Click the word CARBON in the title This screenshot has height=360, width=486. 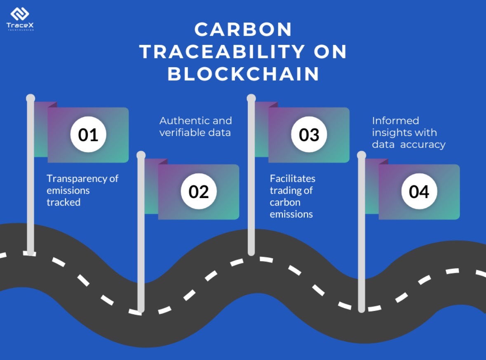point(243,30)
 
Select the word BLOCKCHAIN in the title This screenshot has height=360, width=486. point(243,75)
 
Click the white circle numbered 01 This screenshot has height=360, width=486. point(88,135)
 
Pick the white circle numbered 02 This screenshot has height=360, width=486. point(199,192)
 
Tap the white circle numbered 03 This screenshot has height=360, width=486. point(309,135)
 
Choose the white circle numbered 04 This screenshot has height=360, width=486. point(419,192)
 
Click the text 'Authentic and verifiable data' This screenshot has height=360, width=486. point(196,126)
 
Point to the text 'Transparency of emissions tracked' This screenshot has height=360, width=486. point(82,190)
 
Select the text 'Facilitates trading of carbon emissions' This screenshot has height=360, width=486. point(292,196)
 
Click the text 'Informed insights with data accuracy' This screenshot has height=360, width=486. point(408,132)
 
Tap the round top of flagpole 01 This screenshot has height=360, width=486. point(31,98)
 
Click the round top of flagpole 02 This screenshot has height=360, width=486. point(141,155)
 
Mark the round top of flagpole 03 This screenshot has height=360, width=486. point(251,98)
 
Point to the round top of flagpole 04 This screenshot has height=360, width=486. point(362,155)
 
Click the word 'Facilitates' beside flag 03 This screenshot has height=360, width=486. point(292,179)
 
